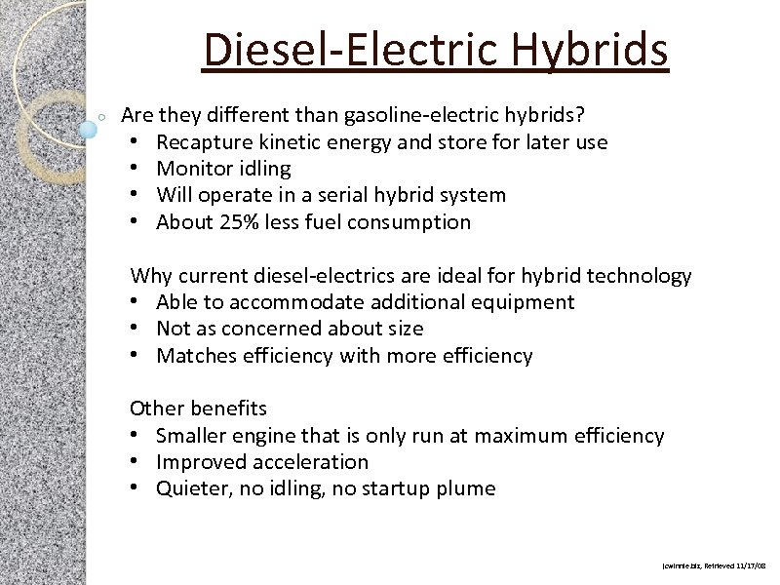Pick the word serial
tap(355, 195)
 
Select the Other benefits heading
tap(198, 409)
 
